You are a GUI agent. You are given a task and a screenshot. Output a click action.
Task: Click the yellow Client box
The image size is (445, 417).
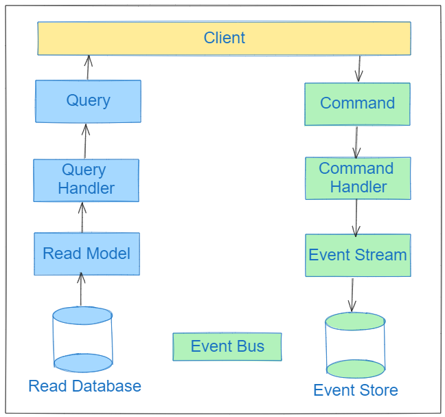tap(224, 38)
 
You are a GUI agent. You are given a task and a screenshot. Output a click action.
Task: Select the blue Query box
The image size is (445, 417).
tap(88, 101)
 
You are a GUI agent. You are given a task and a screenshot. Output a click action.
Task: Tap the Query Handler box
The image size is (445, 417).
tap(86, 180)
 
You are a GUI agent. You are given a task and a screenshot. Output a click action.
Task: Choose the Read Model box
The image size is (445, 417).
tap(87, 253)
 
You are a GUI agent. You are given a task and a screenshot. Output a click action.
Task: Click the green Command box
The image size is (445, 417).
tap(357, 104)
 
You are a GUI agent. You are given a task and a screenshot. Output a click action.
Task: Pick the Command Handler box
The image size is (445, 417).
tap(357, 178)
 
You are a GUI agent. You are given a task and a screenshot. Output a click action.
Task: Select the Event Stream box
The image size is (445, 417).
tap(357, 255)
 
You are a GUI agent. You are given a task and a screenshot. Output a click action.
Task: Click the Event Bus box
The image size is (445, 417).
tap(227, 346)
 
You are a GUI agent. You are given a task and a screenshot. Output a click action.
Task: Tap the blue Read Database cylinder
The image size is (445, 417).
tap(82, 339)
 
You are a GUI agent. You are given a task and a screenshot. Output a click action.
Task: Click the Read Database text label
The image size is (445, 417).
tap(84, 386)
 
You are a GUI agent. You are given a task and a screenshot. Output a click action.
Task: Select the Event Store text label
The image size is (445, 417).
tap(355, 391)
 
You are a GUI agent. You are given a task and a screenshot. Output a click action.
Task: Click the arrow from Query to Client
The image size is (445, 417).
tap(88, 68)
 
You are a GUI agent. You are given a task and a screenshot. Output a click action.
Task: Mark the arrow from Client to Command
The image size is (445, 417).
tap(358, 69)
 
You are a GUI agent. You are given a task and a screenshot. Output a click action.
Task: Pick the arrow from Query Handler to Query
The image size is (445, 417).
tap(85, 142)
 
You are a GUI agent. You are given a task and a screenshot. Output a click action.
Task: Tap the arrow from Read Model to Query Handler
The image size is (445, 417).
tap(82, 217)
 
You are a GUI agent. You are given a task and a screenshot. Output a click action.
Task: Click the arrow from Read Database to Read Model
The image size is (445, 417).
tap(81, 289)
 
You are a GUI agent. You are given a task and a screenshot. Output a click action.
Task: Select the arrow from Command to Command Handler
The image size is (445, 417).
tap(356, 142)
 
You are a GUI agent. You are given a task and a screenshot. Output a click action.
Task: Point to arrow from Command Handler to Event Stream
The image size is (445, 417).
tap(356, 217)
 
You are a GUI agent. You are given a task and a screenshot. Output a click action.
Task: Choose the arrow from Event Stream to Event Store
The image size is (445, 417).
tap(352, 295)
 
